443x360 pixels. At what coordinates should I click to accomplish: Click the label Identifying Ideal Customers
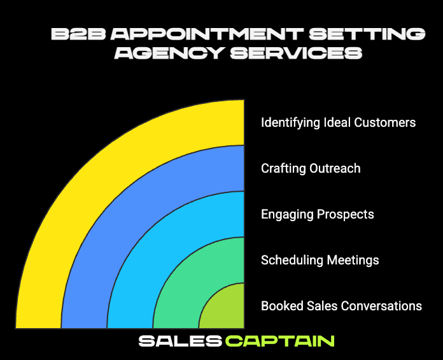(x=338, y=122)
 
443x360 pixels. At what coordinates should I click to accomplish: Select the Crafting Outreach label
(x=311, y=168)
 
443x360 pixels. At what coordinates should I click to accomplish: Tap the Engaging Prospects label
(x=317, y=214)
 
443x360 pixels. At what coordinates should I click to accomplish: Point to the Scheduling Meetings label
(x=320, y=260)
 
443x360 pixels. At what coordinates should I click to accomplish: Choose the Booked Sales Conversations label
(x=341, y=306)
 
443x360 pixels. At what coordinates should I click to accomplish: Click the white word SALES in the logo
(x=179, y=341)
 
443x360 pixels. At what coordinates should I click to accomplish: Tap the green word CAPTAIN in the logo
(x=280, y=341)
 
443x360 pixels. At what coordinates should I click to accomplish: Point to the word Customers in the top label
(x=386, y=122)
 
